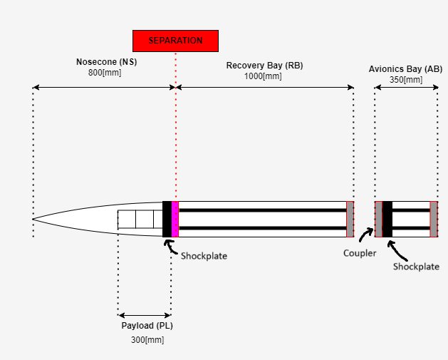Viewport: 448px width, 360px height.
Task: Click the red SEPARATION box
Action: pos(175,41)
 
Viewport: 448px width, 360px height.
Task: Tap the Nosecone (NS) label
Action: pos(106,62)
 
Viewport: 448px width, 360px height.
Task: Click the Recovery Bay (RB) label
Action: pos(264,66)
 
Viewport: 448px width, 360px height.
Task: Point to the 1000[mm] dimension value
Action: pos(264,76)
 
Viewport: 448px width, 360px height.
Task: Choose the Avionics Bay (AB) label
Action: pos(405,69)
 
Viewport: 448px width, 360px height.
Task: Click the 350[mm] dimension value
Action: pos(405,80)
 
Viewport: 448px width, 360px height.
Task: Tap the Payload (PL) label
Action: pos(145,326)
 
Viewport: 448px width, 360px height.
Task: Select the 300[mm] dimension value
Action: pos(147,340)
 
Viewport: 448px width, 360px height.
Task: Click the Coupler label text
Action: pos(359,252)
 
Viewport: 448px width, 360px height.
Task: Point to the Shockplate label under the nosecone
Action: pos(204,256)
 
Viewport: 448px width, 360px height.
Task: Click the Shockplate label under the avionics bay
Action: pos(416,267)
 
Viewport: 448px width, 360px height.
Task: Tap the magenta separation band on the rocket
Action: pos(175,219)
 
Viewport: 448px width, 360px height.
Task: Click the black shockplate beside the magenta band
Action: pos(167,219)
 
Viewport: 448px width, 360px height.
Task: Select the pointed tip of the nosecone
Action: pos(33,219)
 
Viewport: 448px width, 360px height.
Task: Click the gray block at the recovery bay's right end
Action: pos(350,219)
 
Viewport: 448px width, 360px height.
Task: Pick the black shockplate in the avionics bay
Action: pos(387,219)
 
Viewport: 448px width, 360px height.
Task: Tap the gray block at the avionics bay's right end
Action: pos(434,219)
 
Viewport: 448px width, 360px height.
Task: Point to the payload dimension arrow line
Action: pos(145,314)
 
